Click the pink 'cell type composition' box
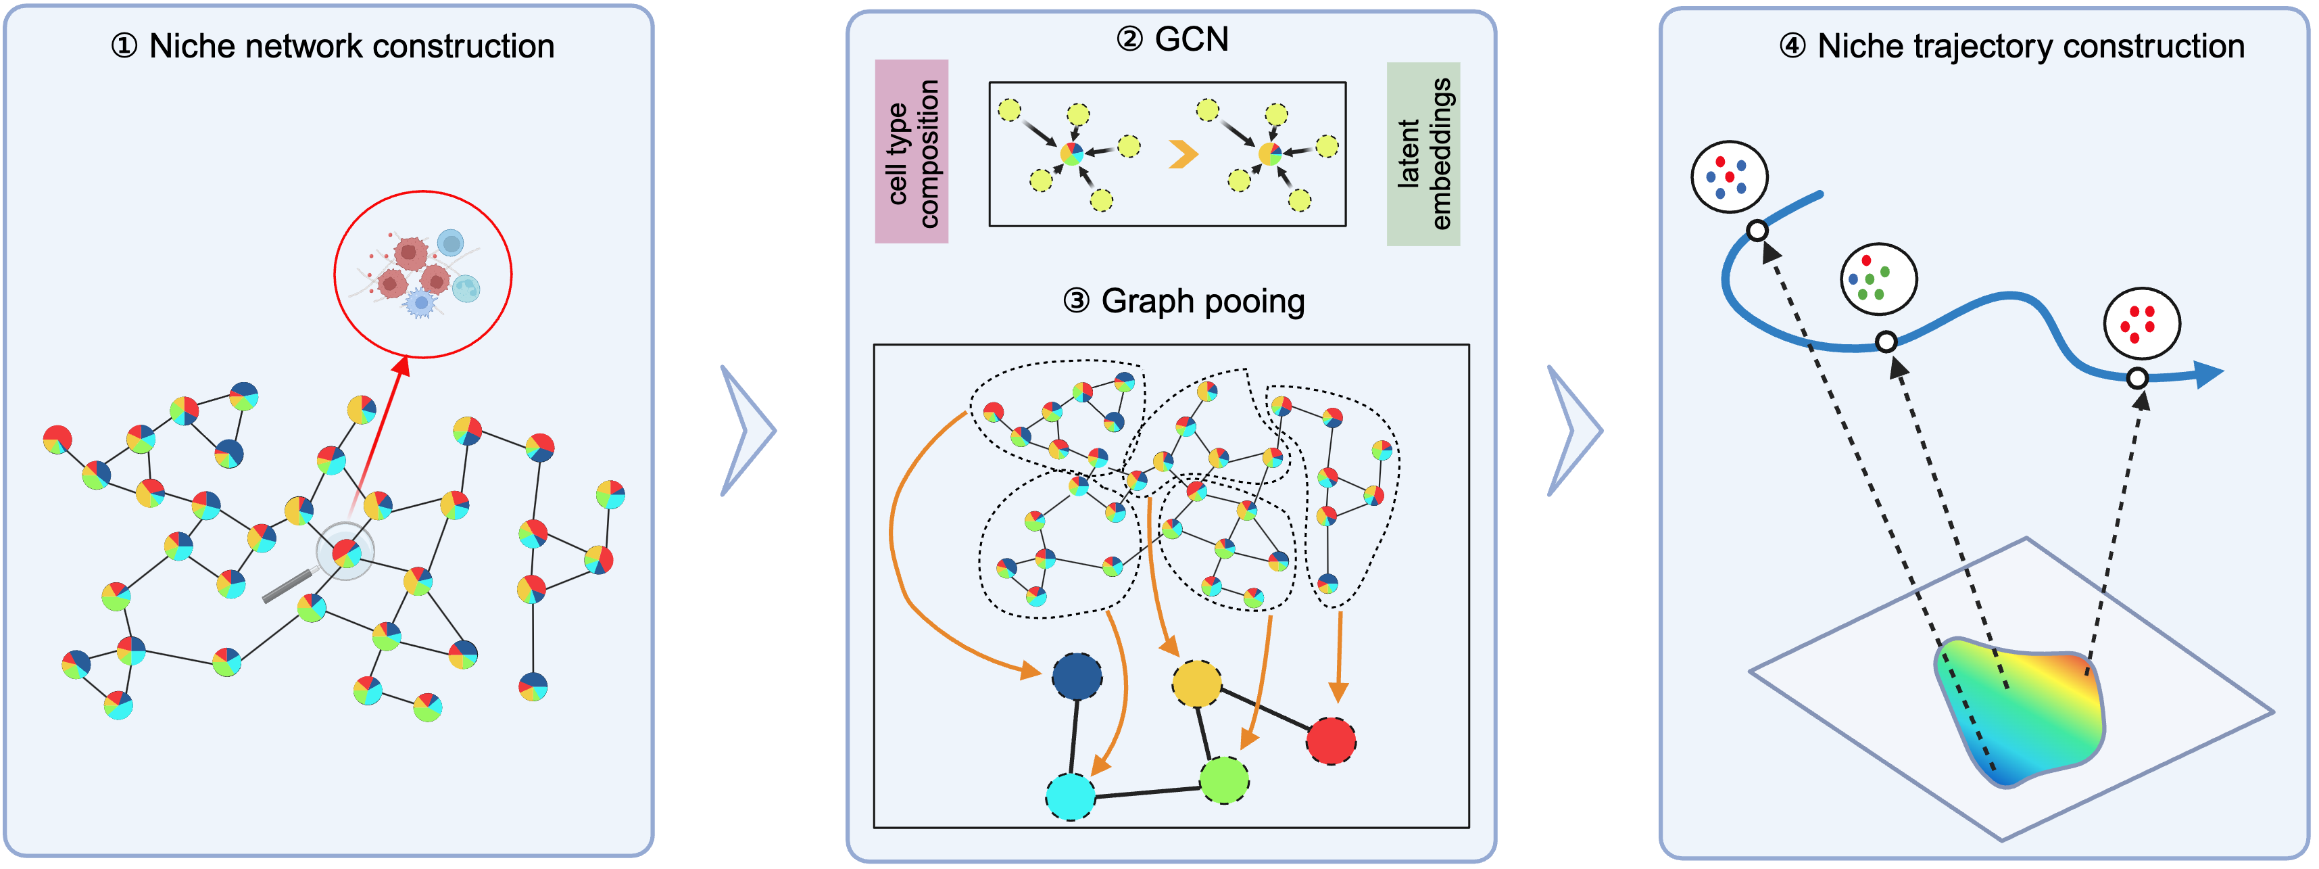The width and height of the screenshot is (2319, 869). click(x=911, y=151)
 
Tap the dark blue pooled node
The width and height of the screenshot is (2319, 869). click(x=1077, y=676)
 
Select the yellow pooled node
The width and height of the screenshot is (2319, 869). click(x=1196, y=684)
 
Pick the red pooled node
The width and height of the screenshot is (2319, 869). click(x=1331, y=741)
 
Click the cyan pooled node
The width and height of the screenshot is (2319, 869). click(x=1071, y=797)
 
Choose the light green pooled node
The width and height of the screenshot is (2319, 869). click(x=1224, y=780)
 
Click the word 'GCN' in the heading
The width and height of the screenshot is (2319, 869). click(x=1191, y=40)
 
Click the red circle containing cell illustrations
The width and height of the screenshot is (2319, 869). click(x=423, y=275)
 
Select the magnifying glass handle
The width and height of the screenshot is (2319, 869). click(x=287, y=586)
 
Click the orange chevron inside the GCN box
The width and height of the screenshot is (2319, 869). click(x=1183, y=154)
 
